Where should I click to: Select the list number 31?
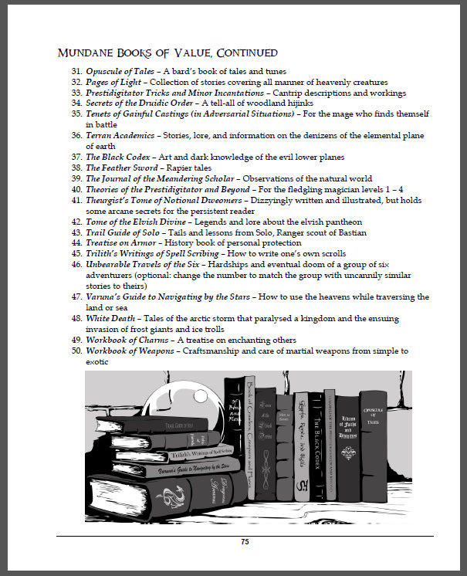(x=76, y=72)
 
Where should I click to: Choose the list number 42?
(x=76, y=222)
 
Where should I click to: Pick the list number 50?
(x=76, y=351)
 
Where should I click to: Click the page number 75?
(x=245, y=542)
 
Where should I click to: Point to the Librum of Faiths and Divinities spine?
(x=348, y=452)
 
